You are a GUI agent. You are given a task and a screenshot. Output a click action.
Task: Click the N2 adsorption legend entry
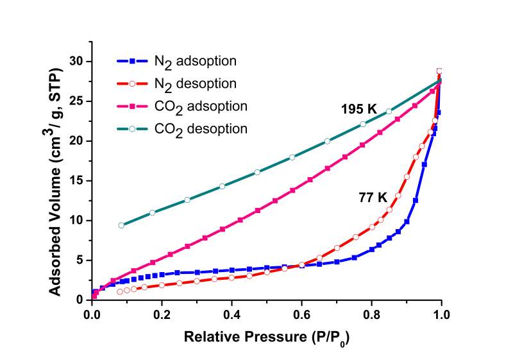click(x=177, y=62)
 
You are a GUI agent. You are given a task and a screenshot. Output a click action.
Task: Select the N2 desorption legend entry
click(x=177, y=83)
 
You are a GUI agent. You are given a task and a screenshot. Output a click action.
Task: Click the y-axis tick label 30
click(x=78, y=62)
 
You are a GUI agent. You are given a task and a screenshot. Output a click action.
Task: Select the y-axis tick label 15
click(x=78, y=181)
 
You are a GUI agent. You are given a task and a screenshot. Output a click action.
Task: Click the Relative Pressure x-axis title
click(x=267, y=337)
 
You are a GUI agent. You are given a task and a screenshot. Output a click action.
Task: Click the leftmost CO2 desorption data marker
click(x=121, y=225)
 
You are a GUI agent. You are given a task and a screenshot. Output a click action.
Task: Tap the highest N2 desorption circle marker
click(x=439, y=71)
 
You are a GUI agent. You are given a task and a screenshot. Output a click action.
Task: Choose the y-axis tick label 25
click(x=78, y=101)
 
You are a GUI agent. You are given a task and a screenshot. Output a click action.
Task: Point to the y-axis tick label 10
click(x=78, y=221)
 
